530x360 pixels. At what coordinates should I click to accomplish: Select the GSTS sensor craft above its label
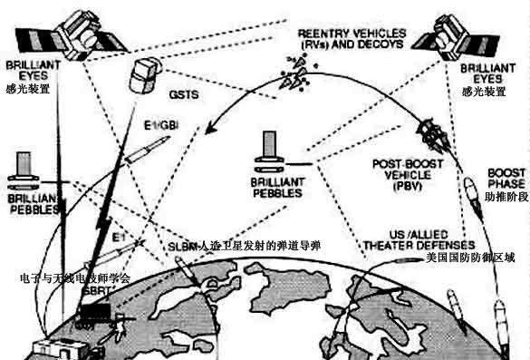(x=145, y=71)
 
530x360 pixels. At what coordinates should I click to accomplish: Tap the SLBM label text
(x=183, y=246)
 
